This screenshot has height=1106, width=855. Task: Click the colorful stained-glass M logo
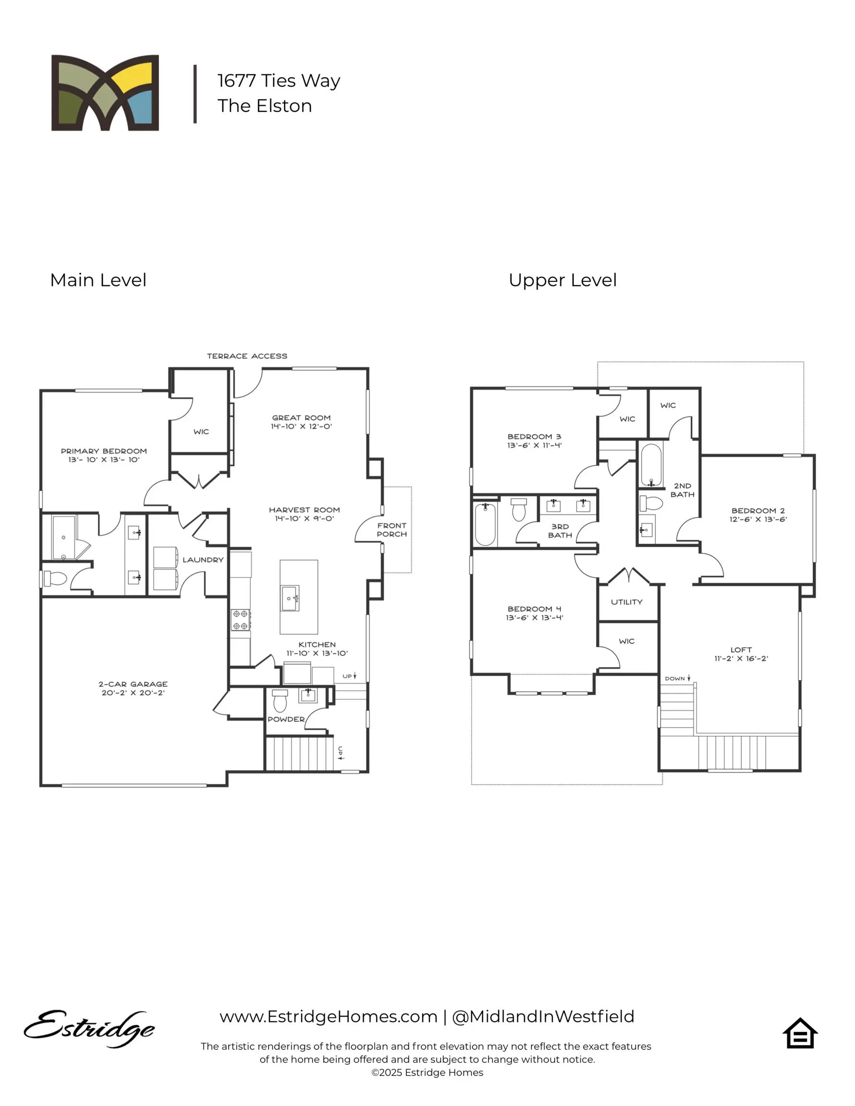pos(105,93)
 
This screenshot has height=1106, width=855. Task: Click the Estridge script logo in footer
pos(89,1028)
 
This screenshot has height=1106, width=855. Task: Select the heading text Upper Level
pos(562,280)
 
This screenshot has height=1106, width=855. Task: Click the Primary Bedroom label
pos(103,455)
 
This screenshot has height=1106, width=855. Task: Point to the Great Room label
pos(301,421)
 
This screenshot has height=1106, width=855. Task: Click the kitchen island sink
pos(290,598)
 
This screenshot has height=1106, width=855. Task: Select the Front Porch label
pos(391,529)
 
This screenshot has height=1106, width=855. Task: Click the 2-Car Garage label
pos(133,688)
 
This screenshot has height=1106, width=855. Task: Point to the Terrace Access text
pos(247,356)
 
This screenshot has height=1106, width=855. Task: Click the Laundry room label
pos(203,560)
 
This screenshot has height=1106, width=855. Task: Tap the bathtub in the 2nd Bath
pos(651,465)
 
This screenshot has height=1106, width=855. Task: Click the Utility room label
pos(626,601)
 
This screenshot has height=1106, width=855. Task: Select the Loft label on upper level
pos(741,653)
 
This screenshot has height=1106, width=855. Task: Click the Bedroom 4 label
pos(534,613)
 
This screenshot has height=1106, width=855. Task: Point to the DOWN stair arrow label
pos(677,678)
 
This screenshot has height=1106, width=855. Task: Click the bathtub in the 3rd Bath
pos(485,524)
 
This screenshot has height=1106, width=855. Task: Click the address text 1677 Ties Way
pos(279,81)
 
